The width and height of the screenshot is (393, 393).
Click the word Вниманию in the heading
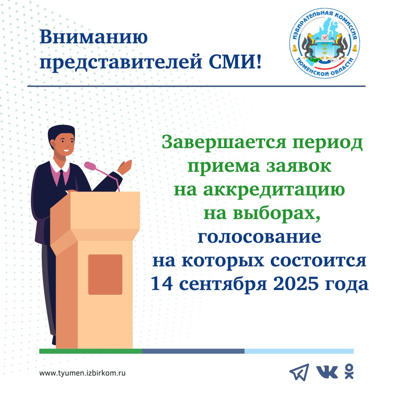(x=94, y=37)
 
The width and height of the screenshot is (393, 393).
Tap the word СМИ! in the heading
(x=235, y=61)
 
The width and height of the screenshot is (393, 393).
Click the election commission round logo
(x=325, y=43)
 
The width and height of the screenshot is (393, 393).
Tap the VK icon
(x=327, y=372)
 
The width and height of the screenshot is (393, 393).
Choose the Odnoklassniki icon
(x=349, y=372)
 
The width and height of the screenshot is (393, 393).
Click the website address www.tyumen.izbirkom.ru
(x=83, y=373)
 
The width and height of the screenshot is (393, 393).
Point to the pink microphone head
(x=90, y=166)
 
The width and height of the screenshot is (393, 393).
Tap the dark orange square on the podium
(x=105, y=274)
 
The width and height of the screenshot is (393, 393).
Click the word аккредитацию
(x=274, y=190)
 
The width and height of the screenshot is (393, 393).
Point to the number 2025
(x=296, y=284)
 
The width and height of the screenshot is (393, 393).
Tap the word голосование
(x=259, y=237)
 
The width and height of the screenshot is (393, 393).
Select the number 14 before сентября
(x=162, y=284)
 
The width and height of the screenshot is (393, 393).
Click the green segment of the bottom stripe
(x=91, y=351)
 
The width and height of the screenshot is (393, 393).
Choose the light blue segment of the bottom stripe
(x=299, y=351)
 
